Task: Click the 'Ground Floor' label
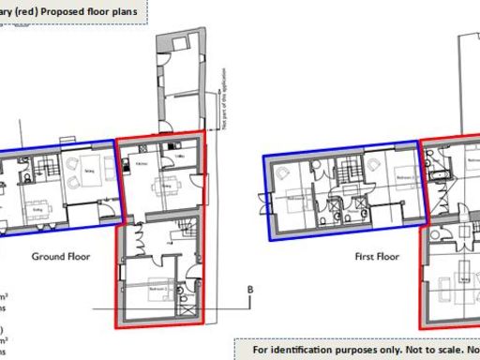[x=59, y=256]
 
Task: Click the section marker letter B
[x=249, y=289]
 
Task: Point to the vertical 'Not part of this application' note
[x=227, y=110]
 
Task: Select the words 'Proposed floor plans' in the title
[x=95, y=12]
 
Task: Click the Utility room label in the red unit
[x=181, y=156]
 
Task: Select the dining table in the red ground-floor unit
[x=167, y=184]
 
